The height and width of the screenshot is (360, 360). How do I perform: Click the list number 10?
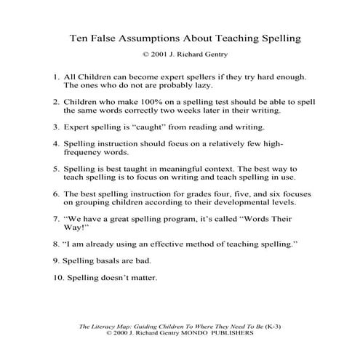pyautogui.click(x=57, y=277)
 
